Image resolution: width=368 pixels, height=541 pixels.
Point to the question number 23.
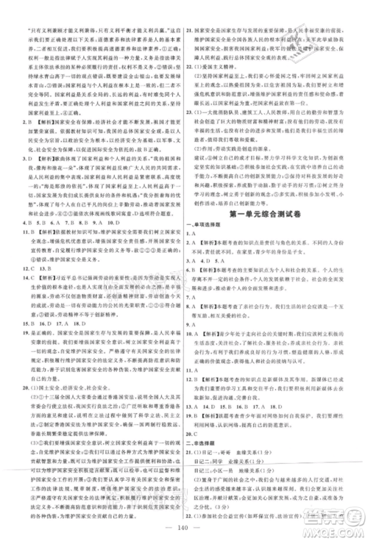coord(191,112)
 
